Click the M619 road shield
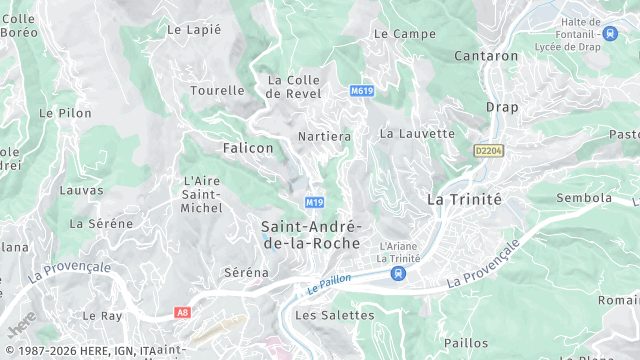[362, 91]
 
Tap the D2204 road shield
[487, 150]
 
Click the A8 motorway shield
[181, 312]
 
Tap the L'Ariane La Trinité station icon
[399, 273]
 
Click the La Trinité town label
[464, 198]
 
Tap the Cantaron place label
[487, 56]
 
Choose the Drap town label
[502, 107]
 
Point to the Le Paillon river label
[329, 283]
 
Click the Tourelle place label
[217, 90]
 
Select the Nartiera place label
[324, 136]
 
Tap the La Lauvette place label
[417, 133]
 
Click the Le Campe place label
[404, 33]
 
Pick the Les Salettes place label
[334, 315]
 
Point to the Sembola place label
[584, 198]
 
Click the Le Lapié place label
[194, 29]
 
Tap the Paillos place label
[466, 343]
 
